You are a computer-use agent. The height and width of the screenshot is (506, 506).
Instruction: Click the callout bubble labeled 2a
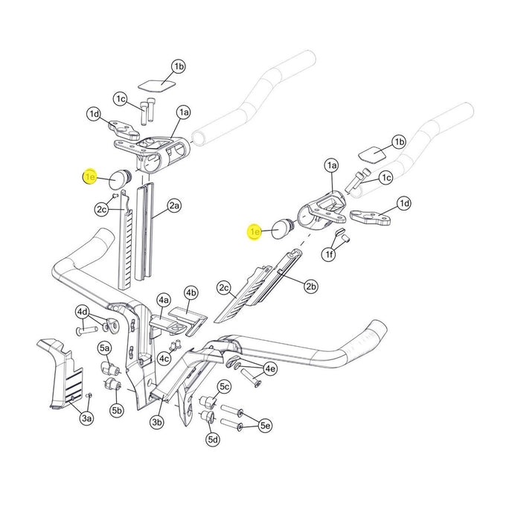[174, 205]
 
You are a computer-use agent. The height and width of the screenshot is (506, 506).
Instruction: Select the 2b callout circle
[311, 285]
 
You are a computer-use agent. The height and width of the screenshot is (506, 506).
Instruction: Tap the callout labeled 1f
[328, 255]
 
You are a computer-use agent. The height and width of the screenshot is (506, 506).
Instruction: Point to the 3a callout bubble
[87, 420]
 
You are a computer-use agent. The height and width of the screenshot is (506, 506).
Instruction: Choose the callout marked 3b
[156, 423]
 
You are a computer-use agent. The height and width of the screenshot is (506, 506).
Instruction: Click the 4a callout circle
[164, 301]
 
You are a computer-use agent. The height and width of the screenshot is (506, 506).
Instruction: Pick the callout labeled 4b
[190, 292]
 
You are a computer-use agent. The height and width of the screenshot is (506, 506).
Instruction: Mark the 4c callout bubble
[164, 359]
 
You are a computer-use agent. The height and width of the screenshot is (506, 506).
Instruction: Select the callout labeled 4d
[82, 311]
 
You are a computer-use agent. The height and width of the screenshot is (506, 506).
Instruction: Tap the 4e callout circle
[270, 368]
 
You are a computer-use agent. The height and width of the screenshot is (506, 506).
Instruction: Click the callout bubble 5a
[105, 348]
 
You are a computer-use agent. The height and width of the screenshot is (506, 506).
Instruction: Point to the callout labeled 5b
[117, 409]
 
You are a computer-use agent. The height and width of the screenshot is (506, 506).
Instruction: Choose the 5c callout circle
[224, 386]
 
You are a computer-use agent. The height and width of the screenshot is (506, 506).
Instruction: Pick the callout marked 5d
[214, 440]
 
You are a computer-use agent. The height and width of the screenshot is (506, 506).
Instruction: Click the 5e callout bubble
[264, 425]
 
